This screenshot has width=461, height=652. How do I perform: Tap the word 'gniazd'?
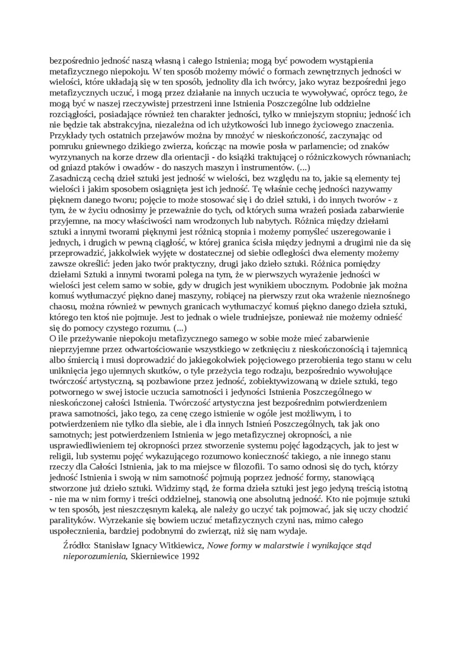[x=76, y=167]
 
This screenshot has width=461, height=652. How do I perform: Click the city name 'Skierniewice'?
[x=153, y=556]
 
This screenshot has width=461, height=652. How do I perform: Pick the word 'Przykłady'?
[x=67, y=136]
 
